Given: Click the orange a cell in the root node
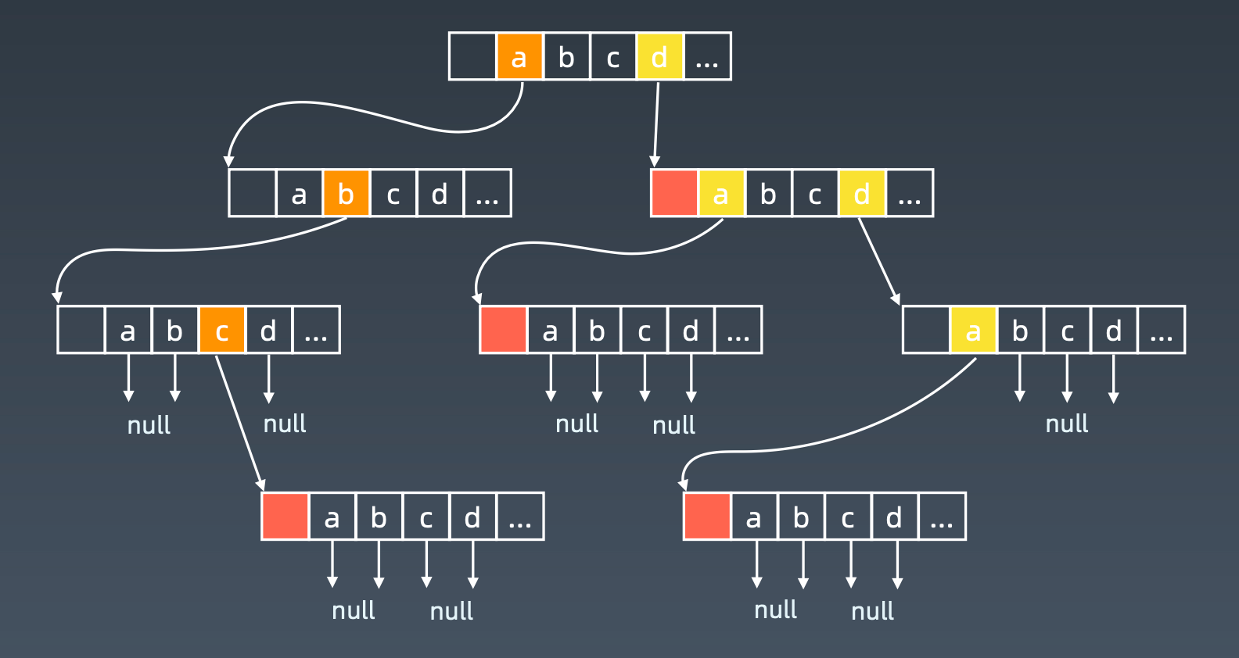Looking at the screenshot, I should [519, 56].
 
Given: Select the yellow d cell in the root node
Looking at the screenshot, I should [659, 56].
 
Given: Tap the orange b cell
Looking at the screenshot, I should [346, 193].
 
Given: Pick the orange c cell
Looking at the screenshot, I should [221, 330].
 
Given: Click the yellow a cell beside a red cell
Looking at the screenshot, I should [721, 193].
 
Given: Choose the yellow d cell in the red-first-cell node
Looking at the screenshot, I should [861, 193].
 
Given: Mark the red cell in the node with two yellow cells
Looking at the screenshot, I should [674, 193].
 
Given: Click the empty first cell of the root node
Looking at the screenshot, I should [472, 56].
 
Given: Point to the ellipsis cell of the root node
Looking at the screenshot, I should [707, 56].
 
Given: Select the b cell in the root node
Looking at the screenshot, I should [566, 56].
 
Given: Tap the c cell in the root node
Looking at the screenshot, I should [613, 56].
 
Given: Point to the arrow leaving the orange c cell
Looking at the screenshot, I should [239, 422].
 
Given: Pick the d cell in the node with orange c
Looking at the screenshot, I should [268, 330].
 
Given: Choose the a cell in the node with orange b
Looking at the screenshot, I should [299, 193].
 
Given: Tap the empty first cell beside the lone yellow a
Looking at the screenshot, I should [926, 330].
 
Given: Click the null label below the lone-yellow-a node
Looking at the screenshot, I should [1067, 424].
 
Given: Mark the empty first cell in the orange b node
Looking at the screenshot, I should [252, 193].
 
